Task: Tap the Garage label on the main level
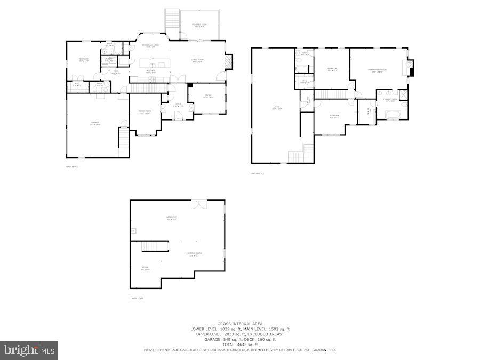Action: (x=95, y=123)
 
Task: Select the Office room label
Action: (x=209, y=97)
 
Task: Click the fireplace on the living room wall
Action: (x=228, y=62)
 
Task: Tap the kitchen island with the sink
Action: (x=155, y=63)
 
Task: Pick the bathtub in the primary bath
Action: (x=391, y=114)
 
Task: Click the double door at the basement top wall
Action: (x=198, y=203)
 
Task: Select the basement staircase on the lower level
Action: (x=155, y=246)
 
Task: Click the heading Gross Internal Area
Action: (x=239, y=324)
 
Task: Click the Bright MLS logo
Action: (x=29, y=350)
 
